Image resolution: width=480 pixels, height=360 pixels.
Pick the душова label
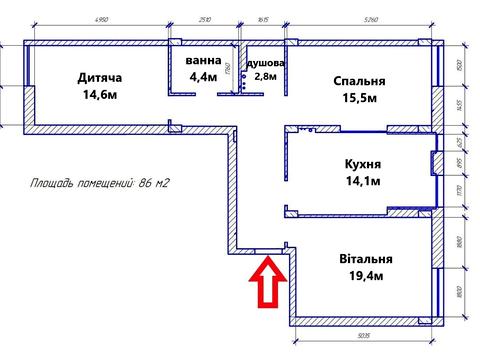[x=266, y=62]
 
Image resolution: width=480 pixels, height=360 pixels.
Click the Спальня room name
[x=358, y=82]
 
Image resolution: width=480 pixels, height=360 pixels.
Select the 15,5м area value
[x=359, y=101]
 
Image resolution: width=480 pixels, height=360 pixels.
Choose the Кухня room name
[x=361, y=163]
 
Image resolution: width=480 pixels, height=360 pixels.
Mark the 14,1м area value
[x=361, y=181]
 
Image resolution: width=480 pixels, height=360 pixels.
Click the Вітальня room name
[x=359, y=258]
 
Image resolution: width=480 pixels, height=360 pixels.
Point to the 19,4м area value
[x=359, y=276]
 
